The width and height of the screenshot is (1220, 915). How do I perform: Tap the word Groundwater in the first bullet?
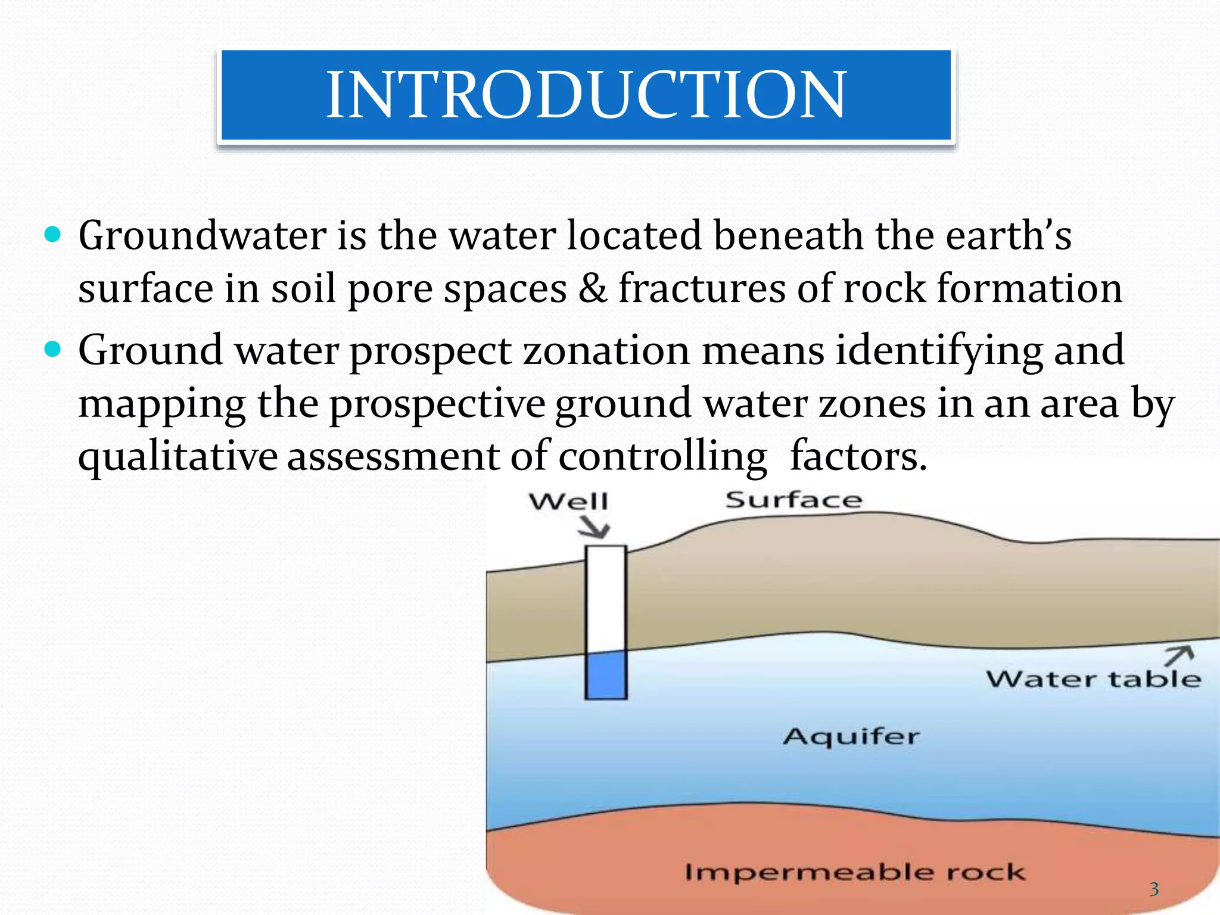coord(202,235)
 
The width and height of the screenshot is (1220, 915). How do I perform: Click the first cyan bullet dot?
coord(53,235)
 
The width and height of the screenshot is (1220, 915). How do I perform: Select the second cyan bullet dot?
coord(53,349)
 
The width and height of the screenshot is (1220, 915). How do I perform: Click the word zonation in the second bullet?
coord(606,350)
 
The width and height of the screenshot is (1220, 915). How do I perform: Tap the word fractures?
coord(702,288)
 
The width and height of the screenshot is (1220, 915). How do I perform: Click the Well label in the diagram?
coord(569,502)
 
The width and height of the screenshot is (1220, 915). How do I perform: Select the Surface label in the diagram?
coord(793,500)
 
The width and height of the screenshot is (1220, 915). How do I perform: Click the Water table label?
coord(1093,679)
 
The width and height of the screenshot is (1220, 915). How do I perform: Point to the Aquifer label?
coord(851,737)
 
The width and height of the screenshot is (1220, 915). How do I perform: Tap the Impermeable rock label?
coord(855,872)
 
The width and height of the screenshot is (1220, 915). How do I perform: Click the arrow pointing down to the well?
coord(595,527)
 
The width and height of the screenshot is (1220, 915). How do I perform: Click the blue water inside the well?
coord(606,675)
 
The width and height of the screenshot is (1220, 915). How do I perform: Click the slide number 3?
coord(1154,889)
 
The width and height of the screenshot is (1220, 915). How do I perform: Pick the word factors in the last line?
coord(858,456)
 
